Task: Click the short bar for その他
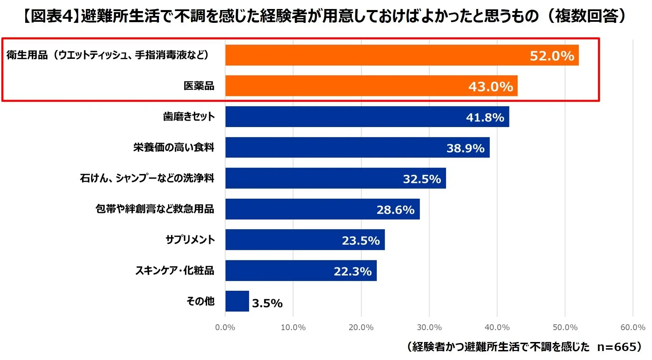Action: pyautogui.click(x=237, y=301)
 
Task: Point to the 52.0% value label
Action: pyautogui.click(x=552, y=56)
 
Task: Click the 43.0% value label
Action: pyautogui.click(x=490, y=87)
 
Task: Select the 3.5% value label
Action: pyautogui.click(x=267, y=303)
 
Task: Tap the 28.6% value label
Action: pyautogui.click(x=395, y=210)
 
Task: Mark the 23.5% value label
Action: pyautogui.click(x=360, y=241)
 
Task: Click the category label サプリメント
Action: pyautogui.click(x=190, y=240)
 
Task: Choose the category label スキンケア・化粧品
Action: pyautogui.click(x=175, y=270)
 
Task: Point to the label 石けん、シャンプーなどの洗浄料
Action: pyautogui.click(x=147, y=178)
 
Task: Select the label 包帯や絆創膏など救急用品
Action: pyautogui.click(x=155, y=209)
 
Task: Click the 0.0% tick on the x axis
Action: pyautogui.click(x=225, y=327)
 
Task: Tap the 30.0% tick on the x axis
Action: pyautogui.click(x=429, y=327)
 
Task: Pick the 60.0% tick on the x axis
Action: pyautogui.click(x=633, y=327)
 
